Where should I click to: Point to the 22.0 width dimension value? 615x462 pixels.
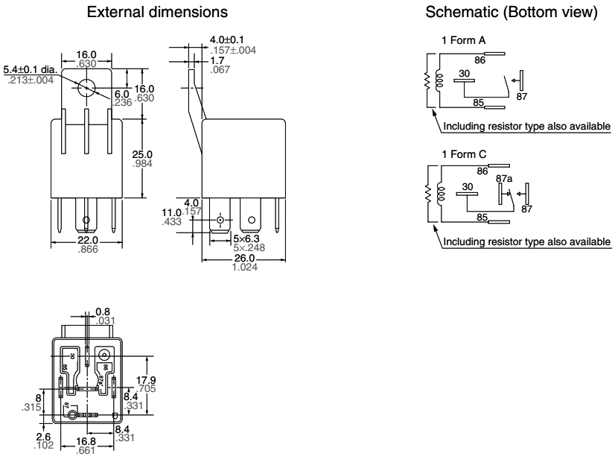coord(87,240)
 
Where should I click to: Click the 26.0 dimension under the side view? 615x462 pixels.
coord(244,258)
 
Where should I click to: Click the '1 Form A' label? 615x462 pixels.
coord(459,39)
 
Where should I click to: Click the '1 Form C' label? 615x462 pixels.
coord(459,153)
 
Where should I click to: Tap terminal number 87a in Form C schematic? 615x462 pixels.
coord(503,179)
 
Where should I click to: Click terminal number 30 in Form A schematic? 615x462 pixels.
coord(464,75)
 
